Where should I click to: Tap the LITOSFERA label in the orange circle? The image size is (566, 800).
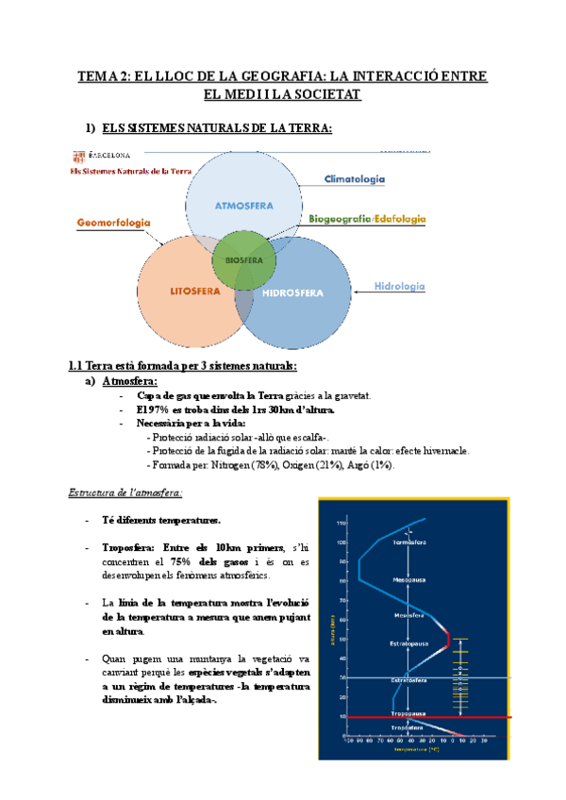click(x=195, y=292)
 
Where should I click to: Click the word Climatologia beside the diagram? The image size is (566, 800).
click(x=355, y=179)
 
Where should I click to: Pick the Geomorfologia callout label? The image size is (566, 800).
click(x=113, y=223)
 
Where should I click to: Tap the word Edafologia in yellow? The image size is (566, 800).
click(x=400, y=219)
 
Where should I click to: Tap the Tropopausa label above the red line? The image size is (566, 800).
click(x=408, y=713)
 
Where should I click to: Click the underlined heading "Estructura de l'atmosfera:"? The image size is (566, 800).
click(x=125, y=492)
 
